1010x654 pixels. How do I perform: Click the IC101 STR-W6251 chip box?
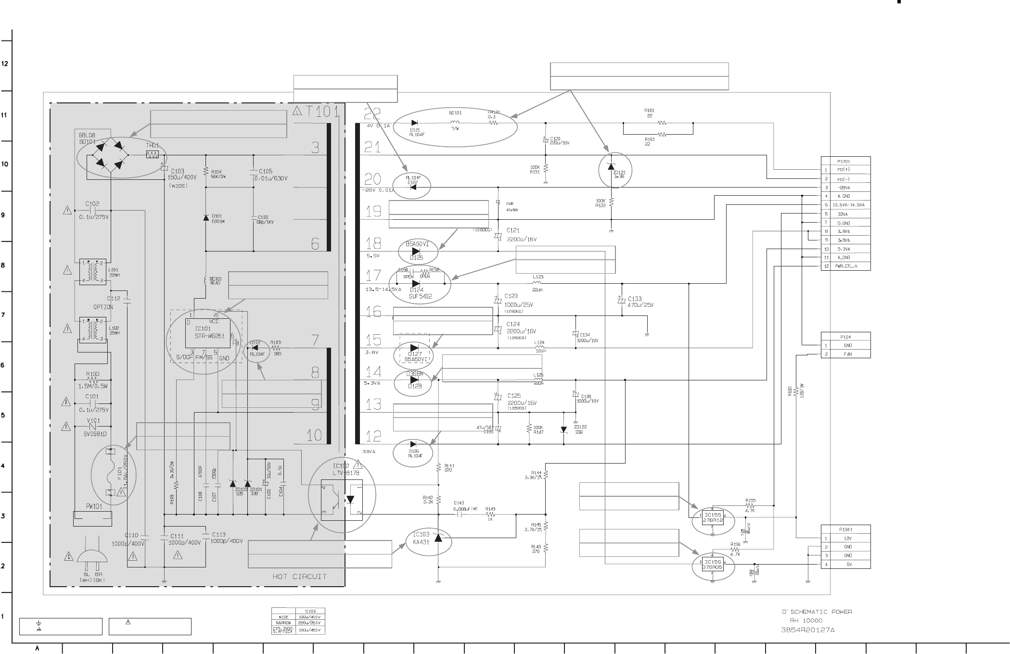click(208, 332)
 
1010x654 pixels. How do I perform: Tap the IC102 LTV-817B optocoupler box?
click(342, 501)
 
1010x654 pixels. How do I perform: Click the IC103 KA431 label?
click(421, 538)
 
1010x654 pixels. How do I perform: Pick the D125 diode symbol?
click(416, 251)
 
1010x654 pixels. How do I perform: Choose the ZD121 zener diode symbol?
click(611, 166)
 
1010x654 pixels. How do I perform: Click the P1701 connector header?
click(845, 161)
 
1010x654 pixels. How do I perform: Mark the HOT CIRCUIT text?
click(299, 576)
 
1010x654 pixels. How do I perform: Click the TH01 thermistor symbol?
click(153, 155)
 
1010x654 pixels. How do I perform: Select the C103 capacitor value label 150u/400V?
click(182, 178)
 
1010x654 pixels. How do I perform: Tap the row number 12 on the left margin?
click(5, 64)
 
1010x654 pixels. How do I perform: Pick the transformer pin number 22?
click(372, 114)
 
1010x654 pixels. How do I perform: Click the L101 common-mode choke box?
click(93, 272)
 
